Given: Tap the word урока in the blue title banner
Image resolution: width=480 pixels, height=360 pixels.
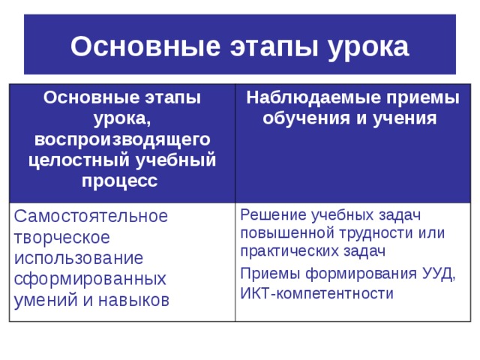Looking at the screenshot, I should pos(367,47).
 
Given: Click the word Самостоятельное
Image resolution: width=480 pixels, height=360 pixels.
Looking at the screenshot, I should pos(91,217).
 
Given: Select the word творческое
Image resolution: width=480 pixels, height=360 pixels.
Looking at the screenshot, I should pos(61,237).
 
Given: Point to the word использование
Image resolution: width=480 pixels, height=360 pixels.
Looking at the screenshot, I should pos(79,258).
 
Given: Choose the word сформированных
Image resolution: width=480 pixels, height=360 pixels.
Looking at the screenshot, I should pos(90,279).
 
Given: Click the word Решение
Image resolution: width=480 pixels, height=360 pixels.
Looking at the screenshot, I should pos(273,215).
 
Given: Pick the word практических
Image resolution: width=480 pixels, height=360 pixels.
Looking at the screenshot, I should pos(287,251).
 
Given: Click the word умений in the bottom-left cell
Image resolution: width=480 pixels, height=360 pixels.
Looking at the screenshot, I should pos(39,300).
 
